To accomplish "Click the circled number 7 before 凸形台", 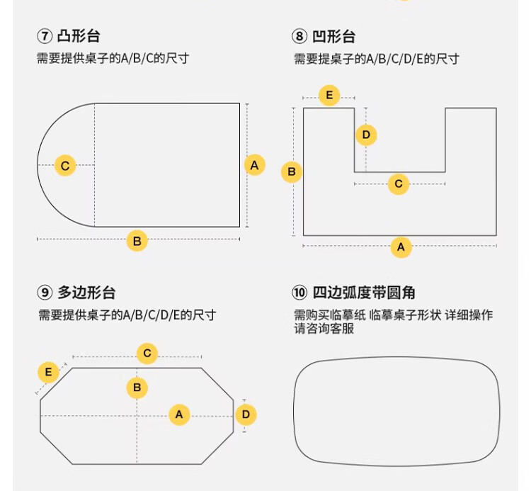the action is (45, 36).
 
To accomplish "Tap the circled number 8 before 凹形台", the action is (299, 36).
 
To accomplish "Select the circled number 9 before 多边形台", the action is (45, 293).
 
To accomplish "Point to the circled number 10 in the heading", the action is (299, 293).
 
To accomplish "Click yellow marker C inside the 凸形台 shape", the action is (65, 165).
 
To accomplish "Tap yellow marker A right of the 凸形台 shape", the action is (255, 165).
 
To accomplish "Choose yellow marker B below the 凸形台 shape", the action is (137, 241).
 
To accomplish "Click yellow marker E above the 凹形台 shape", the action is (329, 95).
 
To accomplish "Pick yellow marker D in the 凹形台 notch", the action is (366, 135).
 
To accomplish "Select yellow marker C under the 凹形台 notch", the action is (399, 184).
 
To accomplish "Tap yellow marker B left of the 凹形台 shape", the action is (292, 171).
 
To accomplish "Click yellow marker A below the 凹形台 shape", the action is (401, 247).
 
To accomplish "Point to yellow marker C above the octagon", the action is (147, 354).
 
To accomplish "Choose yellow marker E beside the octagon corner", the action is (48, 372).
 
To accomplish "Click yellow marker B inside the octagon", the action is (137, 388).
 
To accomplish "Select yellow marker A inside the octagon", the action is (180, 414).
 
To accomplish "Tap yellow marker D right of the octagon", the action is (246, 414).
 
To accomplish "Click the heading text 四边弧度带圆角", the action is (364, 293).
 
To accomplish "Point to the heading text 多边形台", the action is (86, 293).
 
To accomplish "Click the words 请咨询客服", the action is (324, 329).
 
